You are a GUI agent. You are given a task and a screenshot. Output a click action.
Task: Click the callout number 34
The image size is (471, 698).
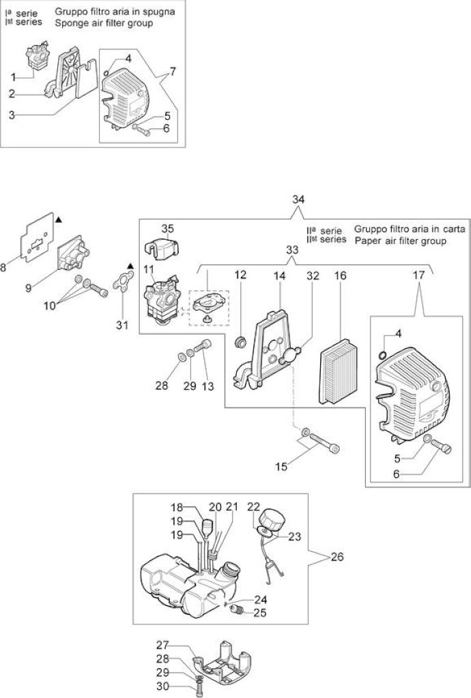(x=298, y=200)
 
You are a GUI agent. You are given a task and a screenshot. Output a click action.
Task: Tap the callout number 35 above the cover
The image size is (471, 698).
(x=167, y=228)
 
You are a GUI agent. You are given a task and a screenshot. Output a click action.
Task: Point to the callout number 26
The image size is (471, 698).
(x=337, y=556)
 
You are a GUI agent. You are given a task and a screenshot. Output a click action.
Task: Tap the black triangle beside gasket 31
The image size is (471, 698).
(x=130, y=267)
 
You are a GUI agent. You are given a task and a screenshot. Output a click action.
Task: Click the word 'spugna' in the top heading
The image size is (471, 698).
(x=158, y=12)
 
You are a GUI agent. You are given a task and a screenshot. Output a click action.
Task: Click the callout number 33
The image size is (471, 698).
(x=292, y=249)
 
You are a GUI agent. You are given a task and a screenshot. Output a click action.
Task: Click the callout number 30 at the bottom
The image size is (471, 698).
(x=162, y=686)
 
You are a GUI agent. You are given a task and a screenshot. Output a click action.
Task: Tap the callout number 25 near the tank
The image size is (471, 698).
(x=260, y=613)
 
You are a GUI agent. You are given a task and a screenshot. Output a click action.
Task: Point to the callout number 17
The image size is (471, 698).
(x=419, y=275)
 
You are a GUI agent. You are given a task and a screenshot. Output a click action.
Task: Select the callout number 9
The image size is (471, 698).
(x=28, y=288)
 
